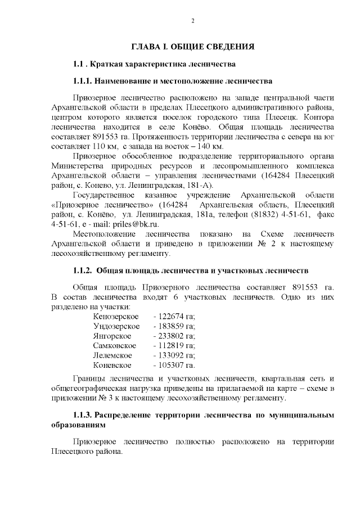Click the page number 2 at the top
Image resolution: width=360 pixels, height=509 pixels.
point(192,21)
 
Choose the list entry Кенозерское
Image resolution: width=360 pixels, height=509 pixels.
point(116,317)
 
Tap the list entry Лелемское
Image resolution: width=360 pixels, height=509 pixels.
point(112,355)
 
